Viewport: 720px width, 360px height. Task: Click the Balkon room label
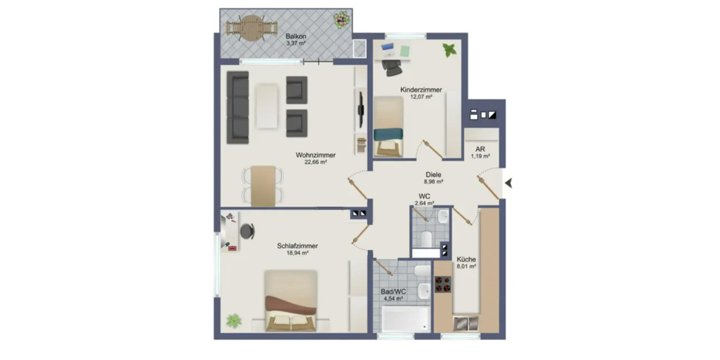click(x=296, y=37)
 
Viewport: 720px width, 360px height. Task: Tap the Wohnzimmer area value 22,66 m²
click(x=316, y=163)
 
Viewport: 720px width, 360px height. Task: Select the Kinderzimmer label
click(x=421, y=89)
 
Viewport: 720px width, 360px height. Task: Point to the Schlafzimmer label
click(x=298, y=246)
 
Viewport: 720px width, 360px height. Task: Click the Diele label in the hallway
click(x=433, y=175)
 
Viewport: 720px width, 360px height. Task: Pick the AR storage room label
click(x=480, y=149)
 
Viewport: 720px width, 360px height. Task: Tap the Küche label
click(x=466, y=259)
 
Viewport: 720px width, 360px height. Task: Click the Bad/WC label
click(x=393, y=292)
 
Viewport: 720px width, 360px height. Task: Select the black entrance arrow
click(x=509, y=184)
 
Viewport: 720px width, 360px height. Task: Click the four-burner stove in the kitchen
click(x=443, y=284)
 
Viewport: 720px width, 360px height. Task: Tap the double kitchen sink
click(x=466, y=323)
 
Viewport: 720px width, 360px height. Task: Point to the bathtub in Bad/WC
click(x=405, y=319)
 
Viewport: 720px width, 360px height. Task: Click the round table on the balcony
click(x=252, y=28)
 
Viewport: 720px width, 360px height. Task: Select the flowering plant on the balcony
click(x=341, y=19)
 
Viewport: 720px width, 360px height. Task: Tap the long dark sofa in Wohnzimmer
click(x=238, y=107)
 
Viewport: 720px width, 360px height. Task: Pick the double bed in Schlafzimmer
click(x=291, y=301)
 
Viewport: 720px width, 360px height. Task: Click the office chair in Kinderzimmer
click(x=392, y=67)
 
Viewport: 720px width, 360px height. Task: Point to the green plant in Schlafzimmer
click(x=233, y=321)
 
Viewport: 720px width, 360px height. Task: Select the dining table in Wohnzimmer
click(x=263, y=186)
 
